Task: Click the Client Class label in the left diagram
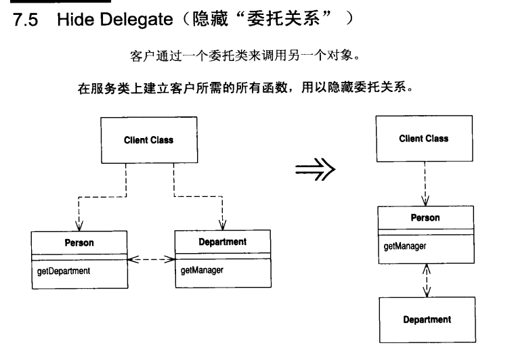point(148,140)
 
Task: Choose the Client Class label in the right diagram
point(424,138)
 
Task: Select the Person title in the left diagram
point(79,242)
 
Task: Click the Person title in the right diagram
point(425,217)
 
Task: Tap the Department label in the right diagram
point(427,319)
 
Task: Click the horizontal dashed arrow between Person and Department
point(151,258)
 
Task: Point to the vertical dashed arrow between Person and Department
point(425,279)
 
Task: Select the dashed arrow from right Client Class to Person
point(425,183)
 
